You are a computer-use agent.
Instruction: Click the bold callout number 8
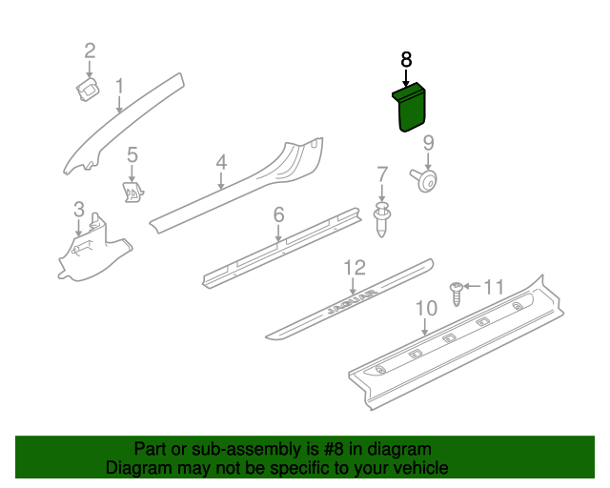point(406,60)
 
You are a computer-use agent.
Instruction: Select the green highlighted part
point(410,108)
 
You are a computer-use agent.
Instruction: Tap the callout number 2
point(90,51)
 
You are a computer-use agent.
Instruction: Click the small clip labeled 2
point(88,89)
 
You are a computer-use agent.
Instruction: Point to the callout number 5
point(132,155)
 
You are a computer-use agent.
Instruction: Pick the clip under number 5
point(133,192)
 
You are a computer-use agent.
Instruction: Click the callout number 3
point(79,210)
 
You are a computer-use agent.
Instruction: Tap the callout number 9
point(428,143)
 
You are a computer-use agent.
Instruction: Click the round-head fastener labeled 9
point(424,180)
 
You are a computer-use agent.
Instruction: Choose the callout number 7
point(382,174)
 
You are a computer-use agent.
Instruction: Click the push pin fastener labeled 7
point(382,219)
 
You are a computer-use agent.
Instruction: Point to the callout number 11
point(494,288)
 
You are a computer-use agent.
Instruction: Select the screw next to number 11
point(457,294)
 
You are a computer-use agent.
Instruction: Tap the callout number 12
point(355,268)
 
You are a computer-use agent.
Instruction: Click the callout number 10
point(426,308)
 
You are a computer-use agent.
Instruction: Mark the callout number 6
point(278,214)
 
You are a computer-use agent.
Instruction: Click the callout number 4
point(221,162)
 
